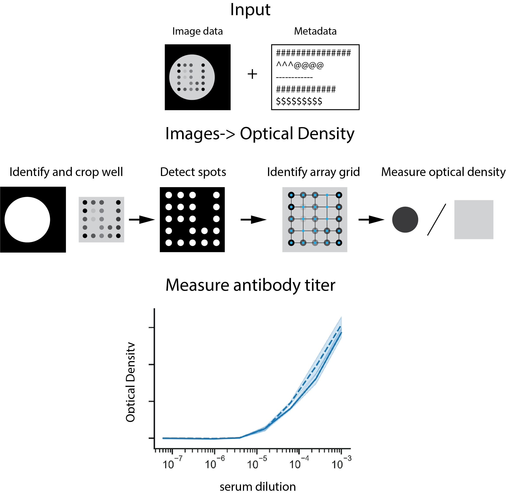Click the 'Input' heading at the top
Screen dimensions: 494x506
[x=250, y=10]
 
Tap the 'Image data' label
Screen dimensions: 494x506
[x=198, y=31]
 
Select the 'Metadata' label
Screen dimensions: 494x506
[x=315, y=31]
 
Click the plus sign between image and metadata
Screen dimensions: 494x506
[x=252, y=74]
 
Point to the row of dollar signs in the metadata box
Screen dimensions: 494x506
[x=299, y=101]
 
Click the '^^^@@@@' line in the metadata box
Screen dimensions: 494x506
[x=300, y=65]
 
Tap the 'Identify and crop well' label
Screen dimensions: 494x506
[x=66, y=172]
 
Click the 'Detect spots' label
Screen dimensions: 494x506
[x=193, y=172]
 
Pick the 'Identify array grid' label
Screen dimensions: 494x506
[x=313, y=172]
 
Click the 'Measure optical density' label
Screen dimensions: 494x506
[x=443, y=172]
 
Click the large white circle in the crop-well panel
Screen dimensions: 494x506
[x=27, y=220]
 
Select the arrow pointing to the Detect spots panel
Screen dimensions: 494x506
[x=142, y=220]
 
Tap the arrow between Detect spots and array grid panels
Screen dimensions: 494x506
[x=253, y=220]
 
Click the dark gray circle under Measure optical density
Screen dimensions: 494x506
[x=405, y=220]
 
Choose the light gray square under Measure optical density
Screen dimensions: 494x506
[x=474, y=220]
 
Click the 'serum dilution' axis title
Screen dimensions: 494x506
[x=258, y=487]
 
